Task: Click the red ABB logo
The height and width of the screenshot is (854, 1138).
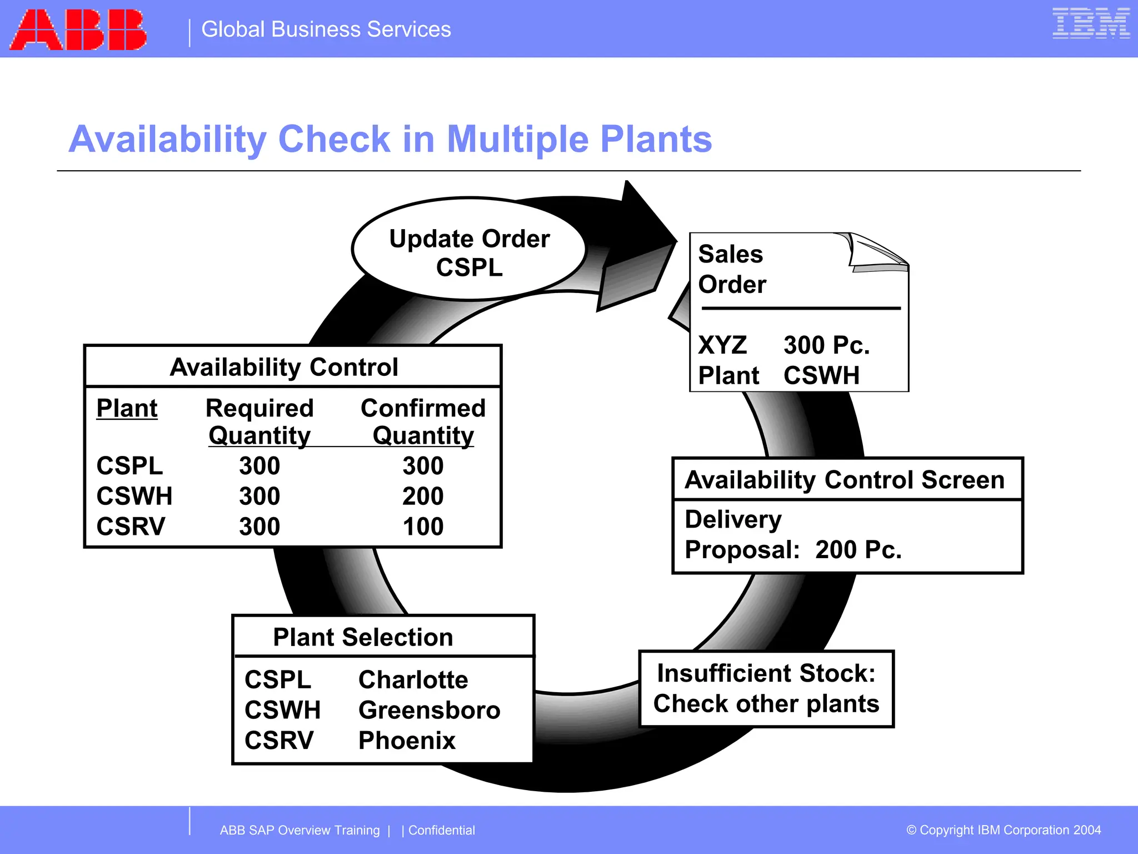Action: [x=78, y=30]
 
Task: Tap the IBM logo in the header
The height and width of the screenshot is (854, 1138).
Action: [x=1090, y=23]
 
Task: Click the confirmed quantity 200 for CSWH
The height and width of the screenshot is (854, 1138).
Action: [x=423, y=496]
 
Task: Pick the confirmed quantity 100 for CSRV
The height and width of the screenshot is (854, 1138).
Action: [x=423, y=527]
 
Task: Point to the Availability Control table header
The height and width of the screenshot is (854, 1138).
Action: [x=284, y=367]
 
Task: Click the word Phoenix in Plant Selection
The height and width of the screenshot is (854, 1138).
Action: [x=407, y=741]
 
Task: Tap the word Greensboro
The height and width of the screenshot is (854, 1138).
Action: [x=429, y=710]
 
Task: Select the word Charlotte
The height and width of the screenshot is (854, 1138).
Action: [x=413, y=679]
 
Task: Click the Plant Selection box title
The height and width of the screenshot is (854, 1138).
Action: [x=363, y=637]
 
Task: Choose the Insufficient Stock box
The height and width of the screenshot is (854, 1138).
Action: [x=766, y=689]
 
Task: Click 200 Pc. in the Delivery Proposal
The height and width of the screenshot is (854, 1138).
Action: [x=859, y=550]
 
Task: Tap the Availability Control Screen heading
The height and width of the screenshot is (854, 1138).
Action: [x=845, y=480]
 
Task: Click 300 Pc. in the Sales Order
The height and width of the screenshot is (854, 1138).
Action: [x=826, y=345]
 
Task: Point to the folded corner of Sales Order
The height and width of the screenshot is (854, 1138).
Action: [x=878, y=254]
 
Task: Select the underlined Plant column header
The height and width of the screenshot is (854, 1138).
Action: [x=127, y=409]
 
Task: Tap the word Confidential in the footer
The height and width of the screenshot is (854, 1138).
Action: [x=442, y=830]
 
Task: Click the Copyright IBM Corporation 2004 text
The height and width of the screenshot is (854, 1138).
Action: [x=1004, y=830]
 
